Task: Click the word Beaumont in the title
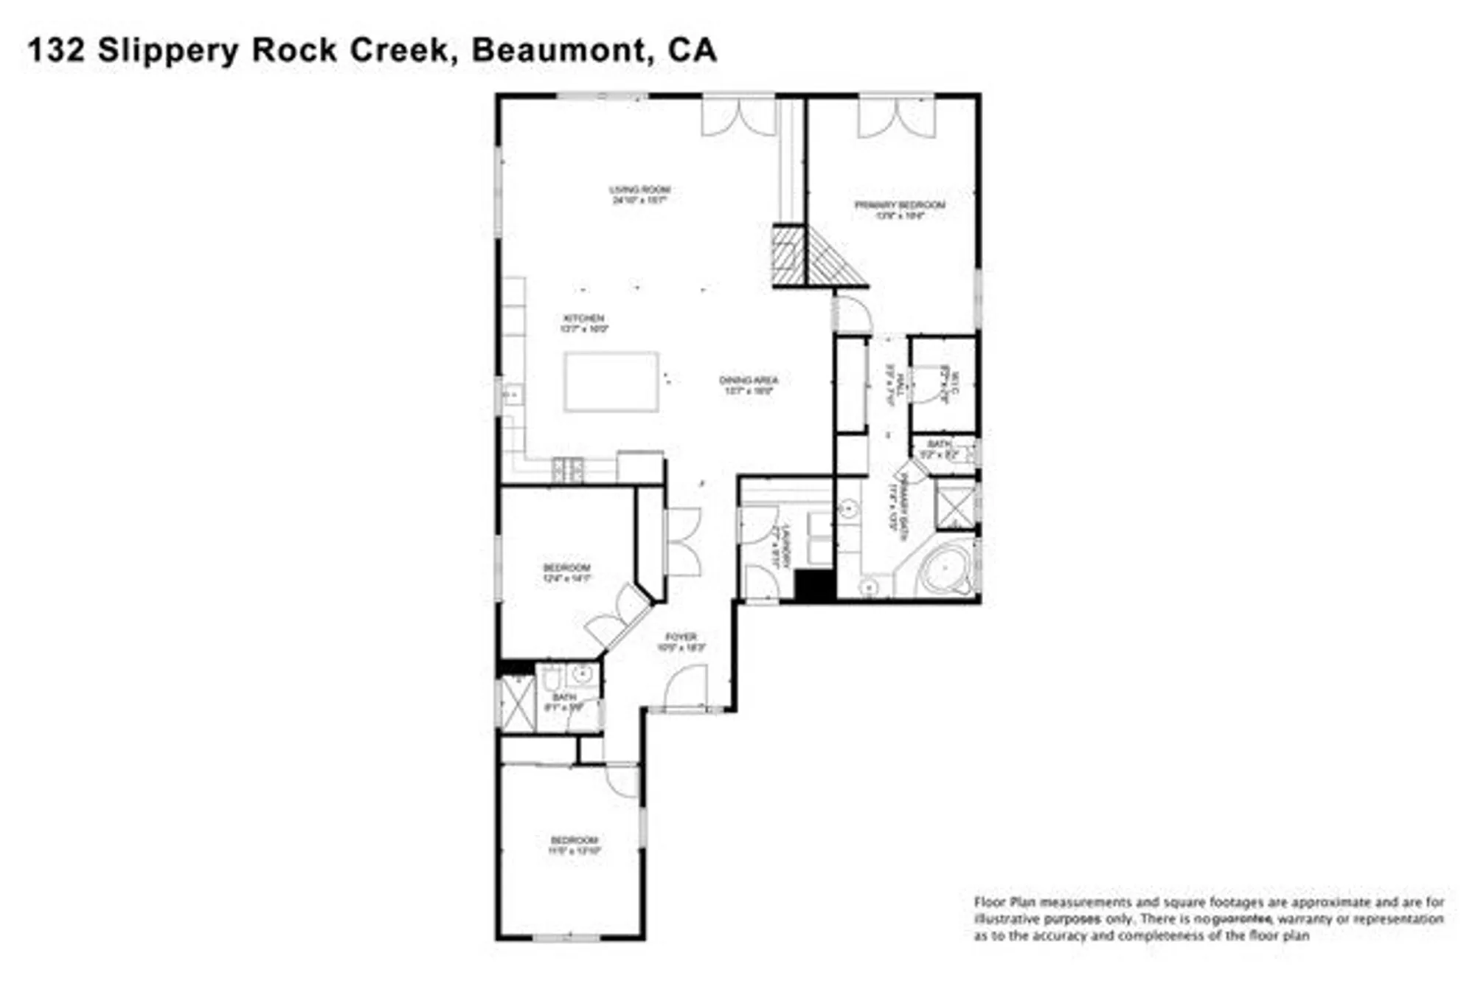556,50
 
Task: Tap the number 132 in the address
56,50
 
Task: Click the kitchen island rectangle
611,381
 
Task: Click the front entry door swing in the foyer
686,687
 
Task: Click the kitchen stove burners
568,469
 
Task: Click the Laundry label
785,545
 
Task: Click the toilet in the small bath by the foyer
552,677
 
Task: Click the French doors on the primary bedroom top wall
896,117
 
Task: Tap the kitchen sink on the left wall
511,397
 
